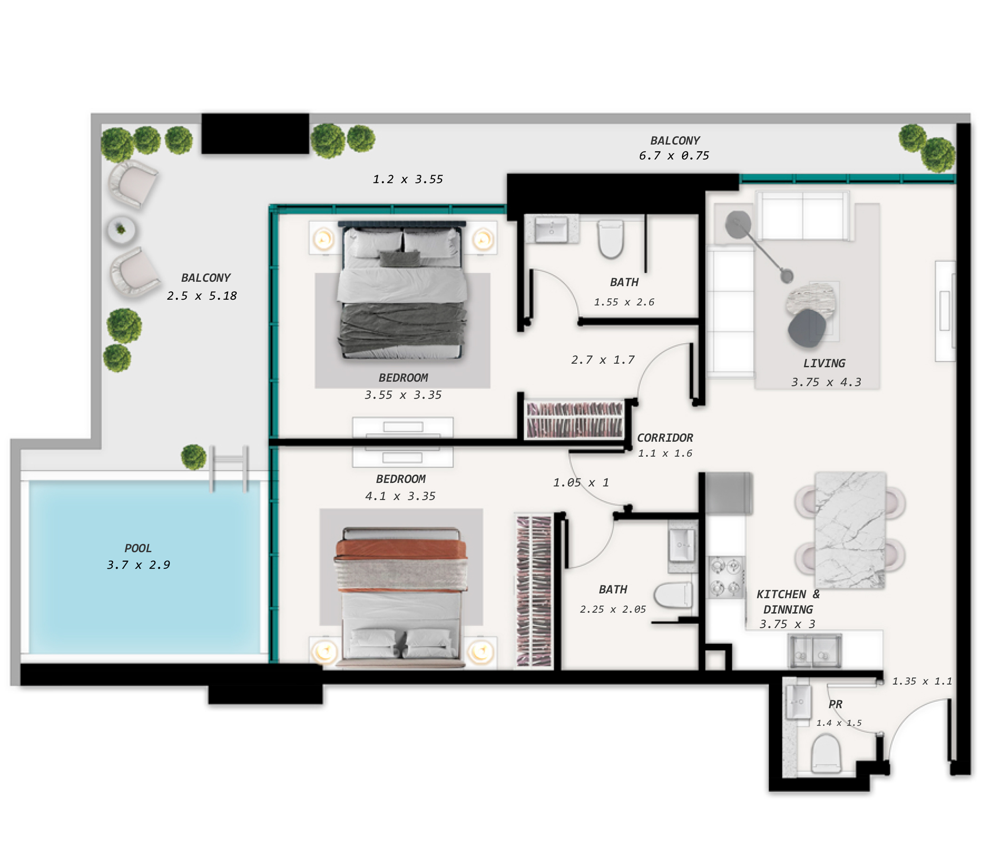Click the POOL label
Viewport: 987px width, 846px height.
pyautogui.click(x=138, y=548)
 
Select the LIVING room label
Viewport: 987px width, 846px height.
pyautogui.click(x=824, y=363)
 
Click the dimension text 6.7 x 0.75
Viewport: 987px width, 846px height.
pyautogui.click(x=674, y=156)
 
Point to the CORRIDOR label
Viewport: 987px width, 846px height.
pyautogui.click(x=665, y=438)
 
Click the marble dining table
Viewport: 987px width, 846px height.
pyautogui.click(x=850, y=530)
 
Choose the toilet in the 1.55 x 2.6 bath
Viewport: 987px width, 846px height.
pyautogui.click(x=611, y=238)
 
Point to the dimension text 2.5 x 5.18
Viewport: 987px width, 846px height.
pyautogui.click(x=202, y=296)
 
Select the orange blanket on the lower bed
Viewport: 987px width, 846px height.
pyautogui.click(x=400, y=549)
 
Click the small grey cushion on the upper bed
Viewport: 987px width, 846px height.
pyautogui.click(x=400, y=258)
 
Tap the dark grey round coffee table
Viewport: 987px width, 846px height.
pyautogui.click(x=807, y=328)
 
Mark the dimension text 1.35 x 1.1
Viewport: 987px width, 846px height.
pyautogui.click(x=922, y=681)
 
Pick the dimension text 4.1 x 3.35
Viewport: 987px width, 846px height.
pyautogui.click(x=400, y=496)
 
